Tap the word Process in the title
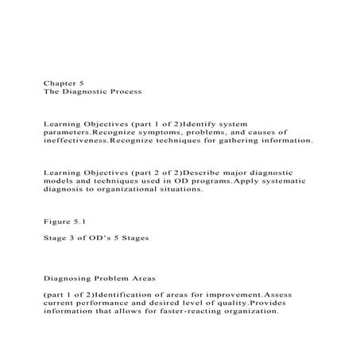coord(122,92)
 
